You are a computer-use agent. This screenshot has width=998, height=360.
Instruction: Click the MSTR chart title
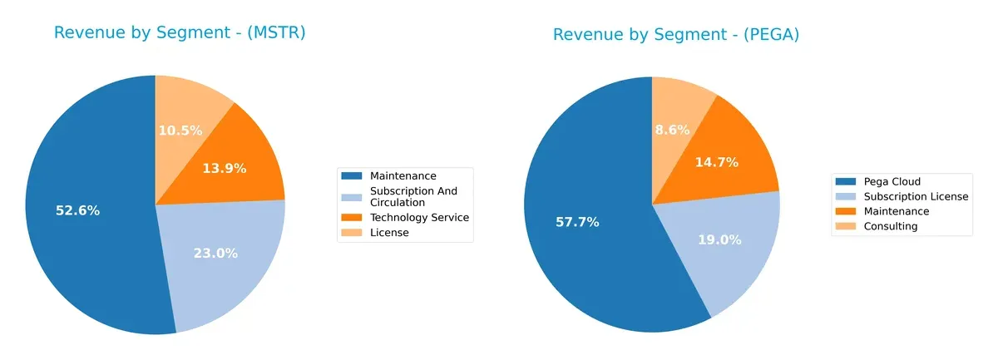(180, 32)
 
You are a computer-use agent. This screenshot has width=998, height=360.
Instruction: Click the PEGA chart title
(676, 34)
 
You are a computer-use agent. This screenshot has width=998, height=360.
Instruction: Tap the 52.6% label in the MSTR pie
(77, 210)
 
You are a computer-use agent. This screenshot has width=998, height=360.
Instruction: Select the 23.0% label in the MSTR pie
(215, 253)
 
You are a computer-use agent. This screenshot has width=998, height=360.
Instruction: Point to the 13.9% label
(225, 168)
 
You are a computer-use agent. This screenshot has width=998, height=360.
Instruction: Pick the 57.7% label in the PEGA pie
(577, 222)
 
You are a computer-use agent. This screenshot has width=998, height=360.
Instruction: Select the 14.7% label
(717, 162)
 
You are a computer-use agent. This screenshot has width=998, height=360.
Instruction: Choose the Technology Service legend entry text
(419, 217)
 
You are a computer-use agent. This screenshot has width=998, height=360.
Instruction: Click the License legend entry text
(389, 233)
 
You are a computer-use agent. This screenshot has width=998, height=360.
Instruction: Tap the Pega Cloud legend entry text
(892, 181)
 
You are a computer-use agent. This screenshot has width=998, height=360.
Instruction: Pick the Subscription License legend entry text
(916, 196)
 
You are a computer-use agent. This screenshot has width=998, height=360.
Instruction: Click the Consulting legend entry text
(890, 226)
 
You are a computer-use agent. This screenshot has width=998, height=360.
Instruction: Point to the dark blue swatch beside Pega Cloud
(846, 181)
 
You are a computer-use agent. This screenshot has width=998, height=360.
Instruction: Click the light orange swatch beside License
(352, 233)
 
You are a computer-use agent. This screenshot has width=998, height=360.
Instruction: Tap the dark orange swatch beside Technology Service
(352, 217)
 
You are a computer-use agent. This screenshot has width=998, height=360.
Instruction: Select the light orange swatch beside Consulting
(846, 226)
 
